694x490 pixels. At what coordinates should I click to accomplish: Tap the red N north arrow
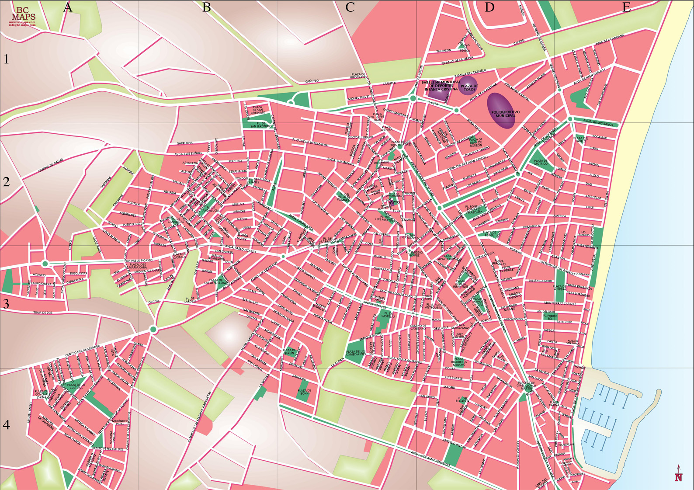point(678,476)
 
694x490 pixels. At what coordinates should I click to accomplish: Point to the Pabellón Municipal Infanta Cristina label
point(441,86)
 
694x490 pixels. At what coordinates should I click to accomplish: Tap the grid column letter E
point(626,7)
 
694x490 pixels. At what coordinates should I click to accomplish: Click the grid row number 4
point(6,424)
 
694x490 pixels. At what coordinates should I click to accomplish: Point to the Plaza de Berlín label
point(289,351)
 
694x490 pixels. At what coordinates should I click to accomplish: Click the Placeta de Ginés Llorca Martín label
point(526,386)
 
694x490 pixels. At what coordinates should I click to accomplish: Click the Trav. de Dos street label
point(43,313)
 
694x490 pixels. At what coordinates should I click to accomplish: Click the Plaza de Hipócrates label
point(358,76)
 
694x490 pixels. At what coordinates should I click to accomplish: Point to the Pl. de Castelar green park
point(385,318)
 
